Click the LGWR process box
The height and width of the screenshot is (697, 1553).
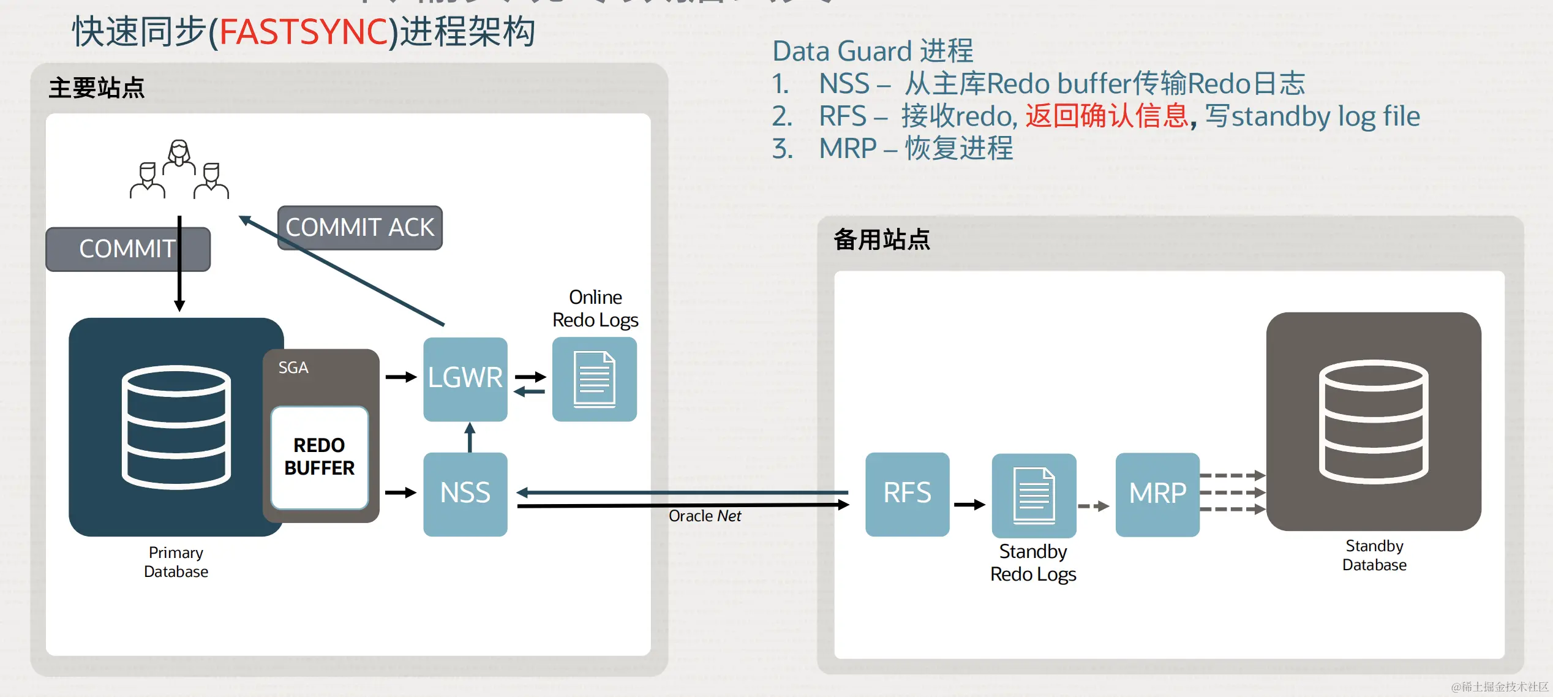coord(465,379)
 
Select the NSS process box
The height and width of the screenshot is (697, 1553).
coord(465,494)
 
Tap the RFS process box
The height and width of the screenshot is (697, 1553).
coord(907,494)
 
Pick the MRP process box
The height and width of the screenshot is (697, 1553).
coord(1157,494)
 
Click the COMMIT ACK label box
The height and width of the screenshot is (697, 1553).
coord(359,228)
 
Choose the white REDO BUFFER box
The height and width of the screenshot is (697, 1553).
coord(319,457)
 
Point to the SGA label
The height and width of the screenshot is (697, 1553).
coord(293,367)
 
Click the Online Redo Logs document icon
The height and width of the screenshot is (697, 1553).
coord(594,379)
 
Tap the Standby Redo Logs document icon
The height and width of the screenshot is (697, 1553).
coord(1033,495)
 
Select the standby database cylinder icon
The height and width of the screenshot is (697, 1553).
coord(1373,421)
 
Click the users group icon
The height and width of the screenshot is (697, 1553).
coord(179,170)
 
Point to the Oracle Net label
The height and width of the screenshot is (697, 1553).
coord(704,516)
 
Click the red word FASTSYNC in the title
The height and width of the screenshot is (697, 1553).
coord(304,32)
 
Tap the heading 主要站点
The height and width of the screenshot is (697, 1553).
coord(97,88)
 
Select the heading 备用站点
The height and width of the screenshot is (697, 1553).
coord(882,239)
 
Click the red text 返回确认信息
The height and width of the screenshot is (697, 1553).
coord(1107,116)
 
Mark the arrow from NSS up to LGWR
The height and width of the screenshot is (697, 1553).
coord(470,437)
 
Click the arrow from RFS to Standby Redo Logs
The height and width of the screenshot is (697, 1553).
coord(969,505)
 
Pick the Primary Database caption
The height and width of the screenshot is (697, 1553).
coord(176,562)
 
